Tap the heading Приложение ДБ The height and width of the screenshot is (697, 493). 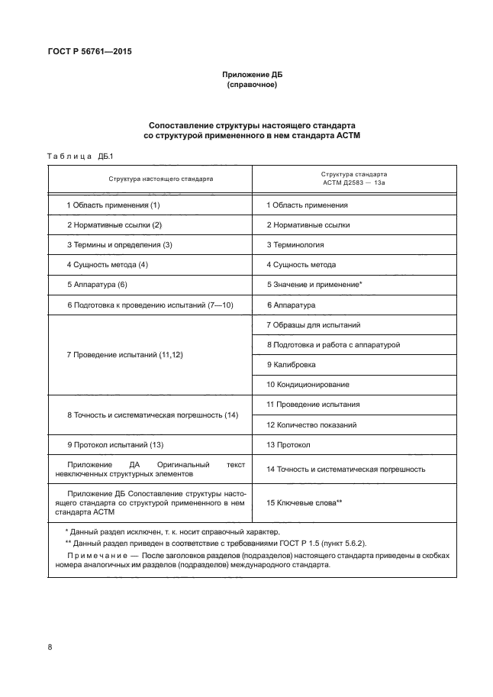pos(251,75)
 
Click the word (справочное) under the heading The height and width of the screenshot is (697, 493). pos(251,86)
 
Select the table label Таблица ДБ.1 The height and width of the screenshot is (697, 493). pos(80,157)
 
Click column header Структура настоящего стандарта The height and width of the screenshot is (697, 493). pos(150,179)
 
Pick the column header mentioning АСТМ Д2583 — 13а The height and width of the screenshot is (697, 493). pos(353,179)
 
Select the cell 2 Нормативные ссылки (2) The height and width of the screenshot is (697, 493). pos(114,225)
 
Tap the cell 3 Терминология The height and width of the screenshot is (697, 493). pos(295,245)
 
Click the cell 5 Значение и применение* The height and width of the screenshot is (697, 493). pos(314,285)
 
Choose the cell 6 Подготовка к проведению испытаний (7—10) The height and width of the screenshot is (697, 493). pos(150,305)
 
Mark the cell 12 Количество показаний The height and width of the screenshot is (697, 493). pos(311,424)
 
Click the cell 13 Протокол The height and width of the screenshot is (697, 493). pos(288,444)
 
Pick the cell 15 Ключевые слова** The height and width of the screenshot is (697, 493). pos(304,502)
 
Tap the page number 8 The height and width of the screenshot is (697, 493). pos(50,647)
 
